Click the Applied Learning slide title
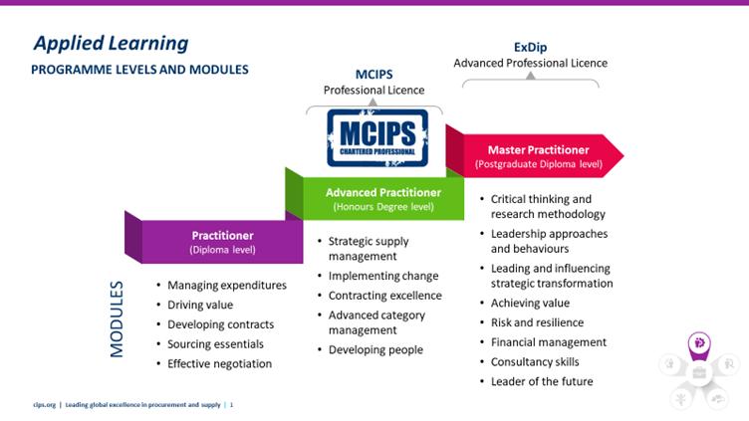[111, 43]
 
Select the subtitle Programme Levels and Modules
[139, 70]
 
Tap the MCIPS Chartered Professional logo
[377, 137]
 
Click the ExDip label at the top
[530, 46]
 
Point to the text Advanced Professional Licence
[530, 63]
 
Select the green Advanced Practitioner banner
[383, 198]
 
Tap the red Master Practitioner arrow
[538, 155]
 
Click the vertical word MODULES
[118, 317]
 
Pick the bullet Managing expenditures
[226, 285]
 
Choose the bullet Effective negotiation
[219, 363]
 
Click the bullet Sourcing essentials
[215, 343]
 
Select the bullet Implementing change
[382, 276]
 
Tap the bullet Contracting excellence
[384, 296]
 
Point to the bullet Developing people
[375, 349]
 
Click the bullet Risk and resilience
[537, 322]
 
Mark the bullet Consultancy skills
[535, 361]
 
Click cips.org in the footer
[43, 404]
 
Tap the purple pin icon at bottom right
[699, 343]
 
